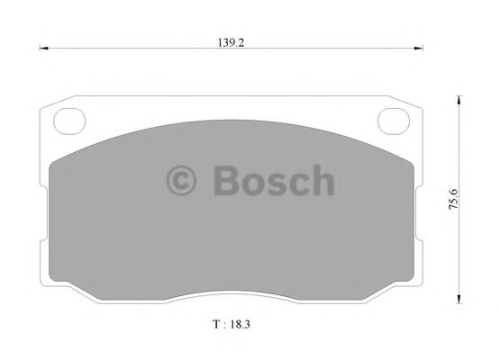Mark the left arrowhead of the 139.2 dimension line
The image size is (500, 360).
43,49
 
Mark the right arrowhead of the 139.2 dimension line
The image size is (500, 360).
421,49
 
